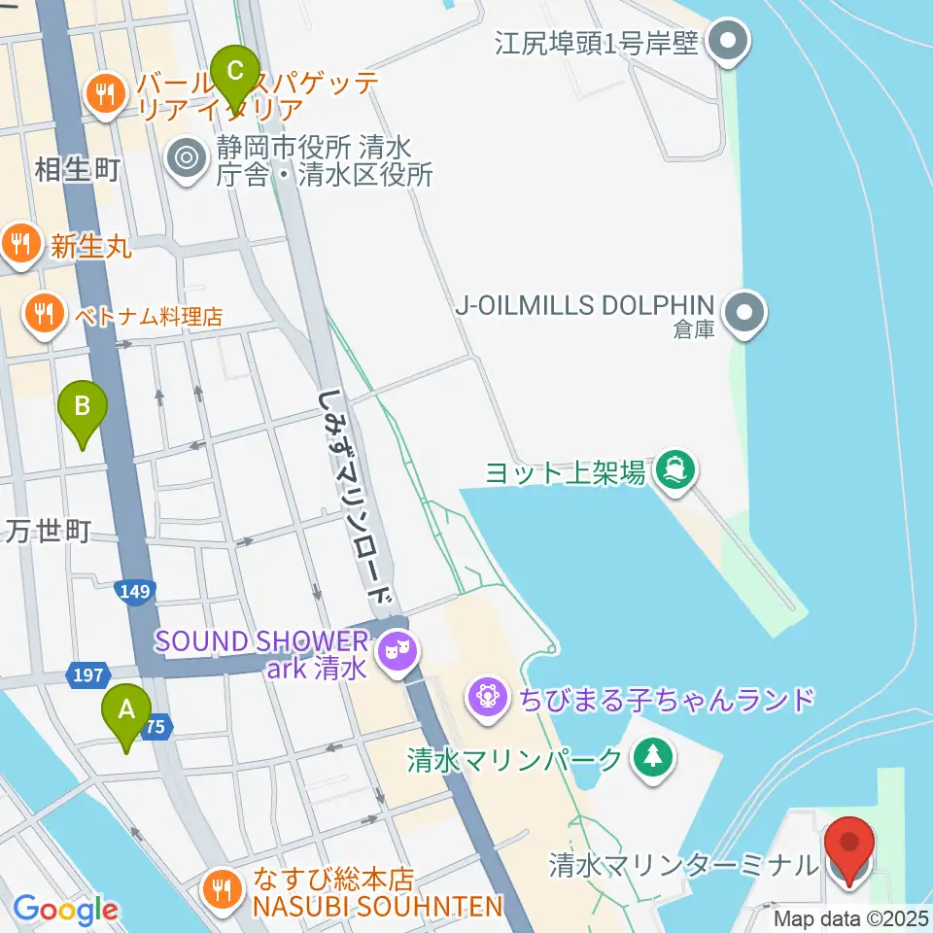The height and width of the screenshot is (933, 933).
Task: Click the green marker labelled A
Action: tap(126, 713)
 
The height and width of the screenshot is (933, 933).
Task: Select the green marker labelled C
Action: tap(234, 74)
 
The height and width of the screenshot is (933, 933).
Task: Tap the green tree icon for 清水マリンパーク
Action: tap(654, 757)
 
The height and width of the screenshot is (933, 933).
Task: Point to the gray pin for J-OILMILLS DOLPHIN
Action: tap(746, 313)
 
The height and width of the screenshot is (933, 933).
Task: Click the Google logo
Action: tap(65, 910)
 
